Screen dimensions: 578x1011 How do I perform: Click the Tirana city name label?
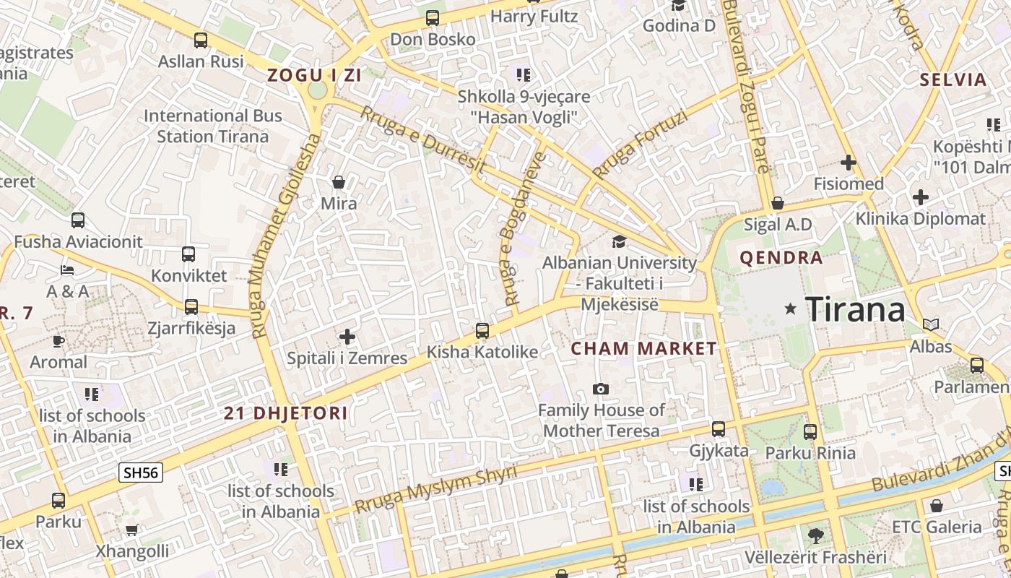(x=855, y=309)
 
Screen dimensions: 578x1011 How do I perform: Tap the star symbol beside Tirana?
(x=791, y=309)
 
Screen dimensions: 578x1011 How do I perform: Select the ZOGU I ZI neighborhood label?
(x=314, y=74)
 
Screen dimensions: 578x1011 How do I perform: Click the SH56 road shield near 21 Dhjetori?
(x=141, y=473)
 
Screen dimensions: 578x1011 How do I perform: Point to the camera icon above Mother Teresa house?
(x=600, y=389)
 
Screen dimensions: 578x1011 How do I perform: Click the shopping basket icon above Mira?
(x=338, y=182)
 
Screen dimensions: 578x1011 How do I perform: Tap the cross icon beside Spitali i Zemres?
(x=347, y=337)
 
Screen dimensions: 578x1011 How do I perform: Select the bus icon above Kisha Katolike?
(x=482, y=331)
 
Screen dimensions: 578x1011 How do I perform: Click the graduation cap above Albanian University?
(x=619, y=241)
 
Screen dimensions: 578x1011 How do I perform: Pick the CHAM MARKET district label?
(x=644, y=348)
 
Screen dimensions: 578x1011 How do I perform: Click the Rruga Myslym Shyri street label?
(x=436, y=490)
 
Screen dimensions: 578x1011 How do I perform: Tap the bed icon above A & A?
(x=67, y=270)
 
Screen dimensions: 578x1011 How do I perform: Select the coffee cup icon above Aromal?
(x=58, y=340)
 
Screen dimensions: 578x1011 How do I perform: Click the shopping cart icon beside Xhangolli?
(x=131, y=530)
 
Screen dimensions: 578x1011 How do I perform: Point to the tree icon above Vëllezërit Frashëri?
(x=816, y=535)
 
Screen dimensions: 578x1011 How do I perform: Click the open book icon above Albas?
(x=931, y=325)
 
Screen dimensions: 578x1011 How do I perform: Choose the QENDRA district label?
(x=781, y=258)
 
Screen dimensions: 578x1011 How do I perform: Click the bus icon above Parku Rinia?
(x=810, y=432)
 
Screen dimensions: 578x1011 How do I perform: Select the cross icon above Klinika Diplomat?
(x=921, y=197)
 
